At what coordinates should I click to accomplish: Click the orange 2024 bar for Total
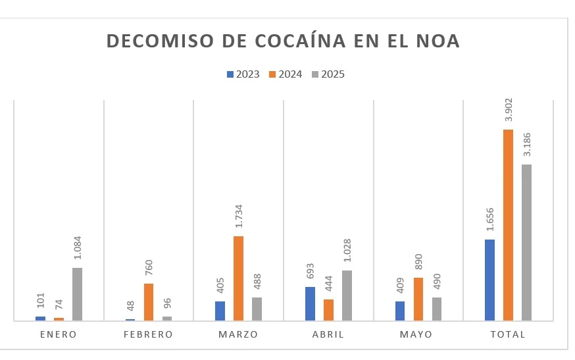click(508, 225)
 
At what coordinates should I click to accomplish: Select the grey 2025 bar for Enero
click(77, 294)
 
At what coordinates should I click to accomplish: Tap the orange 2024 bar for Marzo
click(238, 278)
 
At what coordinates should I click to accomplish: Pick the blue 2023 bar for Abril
click(310, 304)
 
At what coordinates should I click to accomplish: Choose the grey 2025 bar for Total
click(526, 242)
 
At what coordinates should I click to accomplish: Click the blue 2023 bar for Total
click(489, 280)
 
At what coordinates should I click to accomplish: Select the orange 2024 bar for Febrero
click(149, 302)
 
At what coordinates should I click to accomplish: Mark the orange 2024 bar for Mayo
click(418, 299)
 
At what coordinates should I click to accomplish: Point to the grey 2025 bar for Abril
click(347, 296)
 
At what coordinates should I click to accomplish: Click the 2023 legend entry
click(243, 74)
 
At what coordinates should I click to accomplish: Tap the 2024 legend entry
click(286, 74)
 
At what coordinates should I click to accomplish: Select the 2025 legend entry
click(328, 74)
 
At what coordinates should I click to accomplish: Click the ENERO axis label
click(59, 334)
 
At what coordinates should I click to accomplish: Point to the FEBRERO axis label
click(149, 334)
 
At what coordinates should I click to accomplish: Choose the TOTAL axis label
click(508, 334)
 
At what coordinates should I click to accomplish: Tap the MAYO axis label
click(416, 334)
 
